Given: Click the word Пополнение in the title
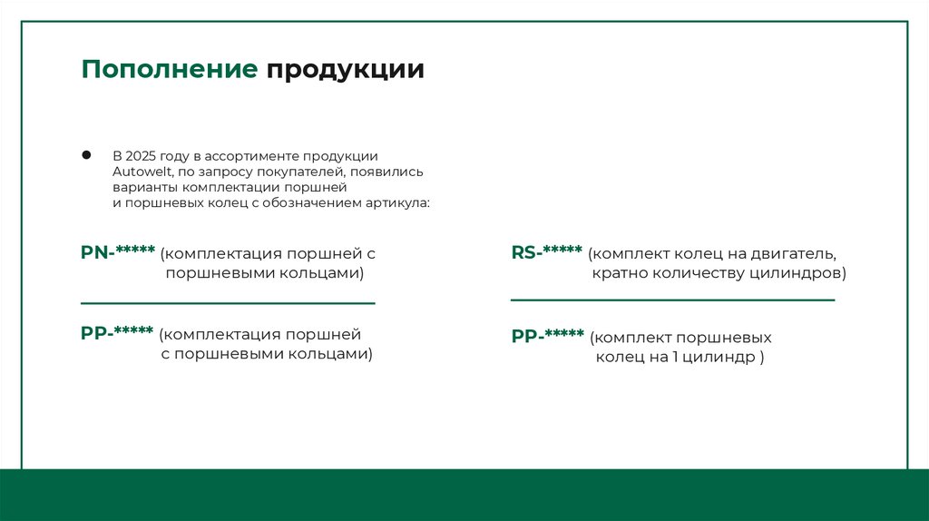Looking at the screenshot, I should [169, 70].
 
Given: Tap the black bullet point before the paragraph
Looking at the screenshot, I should [87, 154].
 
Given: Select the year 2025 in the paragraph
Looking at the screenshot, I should [141, 156].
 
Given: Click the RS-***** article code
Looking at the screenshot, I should [546, 252].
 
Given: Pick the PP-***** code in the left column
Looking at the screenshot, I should [117, 333].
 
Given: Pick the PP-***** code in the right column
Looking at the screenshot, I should [548, 336].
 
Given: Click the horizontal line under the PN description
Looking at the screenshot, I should [228, 303].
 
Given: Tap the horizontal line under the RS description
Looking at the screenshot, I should [672, 300].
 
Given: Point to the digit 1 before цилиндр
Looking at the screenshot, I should [676, 358].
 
